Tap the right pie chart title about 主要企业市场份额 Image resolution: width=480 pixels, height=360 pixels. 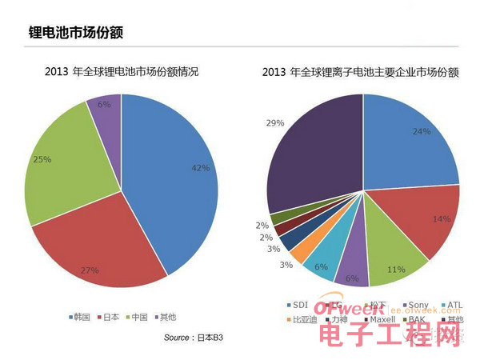pyautogui.click(x=360, y=73)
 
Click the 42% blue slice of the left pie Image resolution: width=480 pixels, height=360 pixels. pyautogui.click(x=172, y=176)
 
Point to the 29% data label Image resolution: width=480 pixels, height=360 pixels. pyautogui.click(x=276, y=123)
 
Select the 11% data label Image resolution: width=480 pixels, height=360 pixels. pyautogui.click(x=396, y=270)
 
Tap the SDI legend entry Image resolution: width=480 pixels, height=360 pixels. pyautogui.click(x=298, y=305)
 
